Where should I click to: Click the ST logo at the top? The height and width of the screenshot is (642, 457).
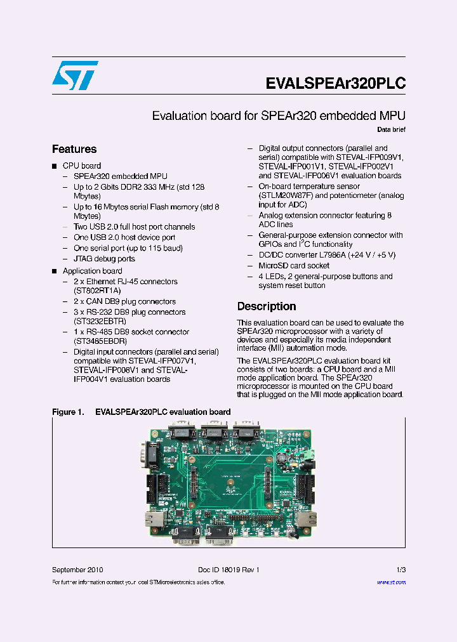(74, 75)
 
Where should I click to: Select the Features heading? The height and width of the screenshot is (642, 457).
(74, 149)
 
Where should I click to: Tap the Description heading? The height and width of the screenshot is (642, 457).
(267, 306)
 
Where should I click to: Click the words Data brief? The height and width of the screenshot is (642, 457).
(391, 130)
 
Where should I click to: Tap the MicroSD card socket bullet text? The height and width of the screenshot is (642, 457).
(294, 266)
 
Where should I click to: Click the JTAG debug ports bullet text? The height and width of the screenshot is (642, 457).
(104, 259)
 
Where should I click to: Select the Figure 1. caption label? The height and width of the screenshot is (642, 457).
(68, 412)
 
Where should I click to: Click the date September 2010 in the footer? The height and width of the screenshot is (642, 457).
(77, 570)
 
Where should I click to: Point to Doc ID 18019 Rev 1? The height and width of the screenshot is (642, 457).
(225, 570)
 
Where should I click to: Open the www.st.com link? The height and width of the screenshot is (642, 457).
(391, 582)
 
